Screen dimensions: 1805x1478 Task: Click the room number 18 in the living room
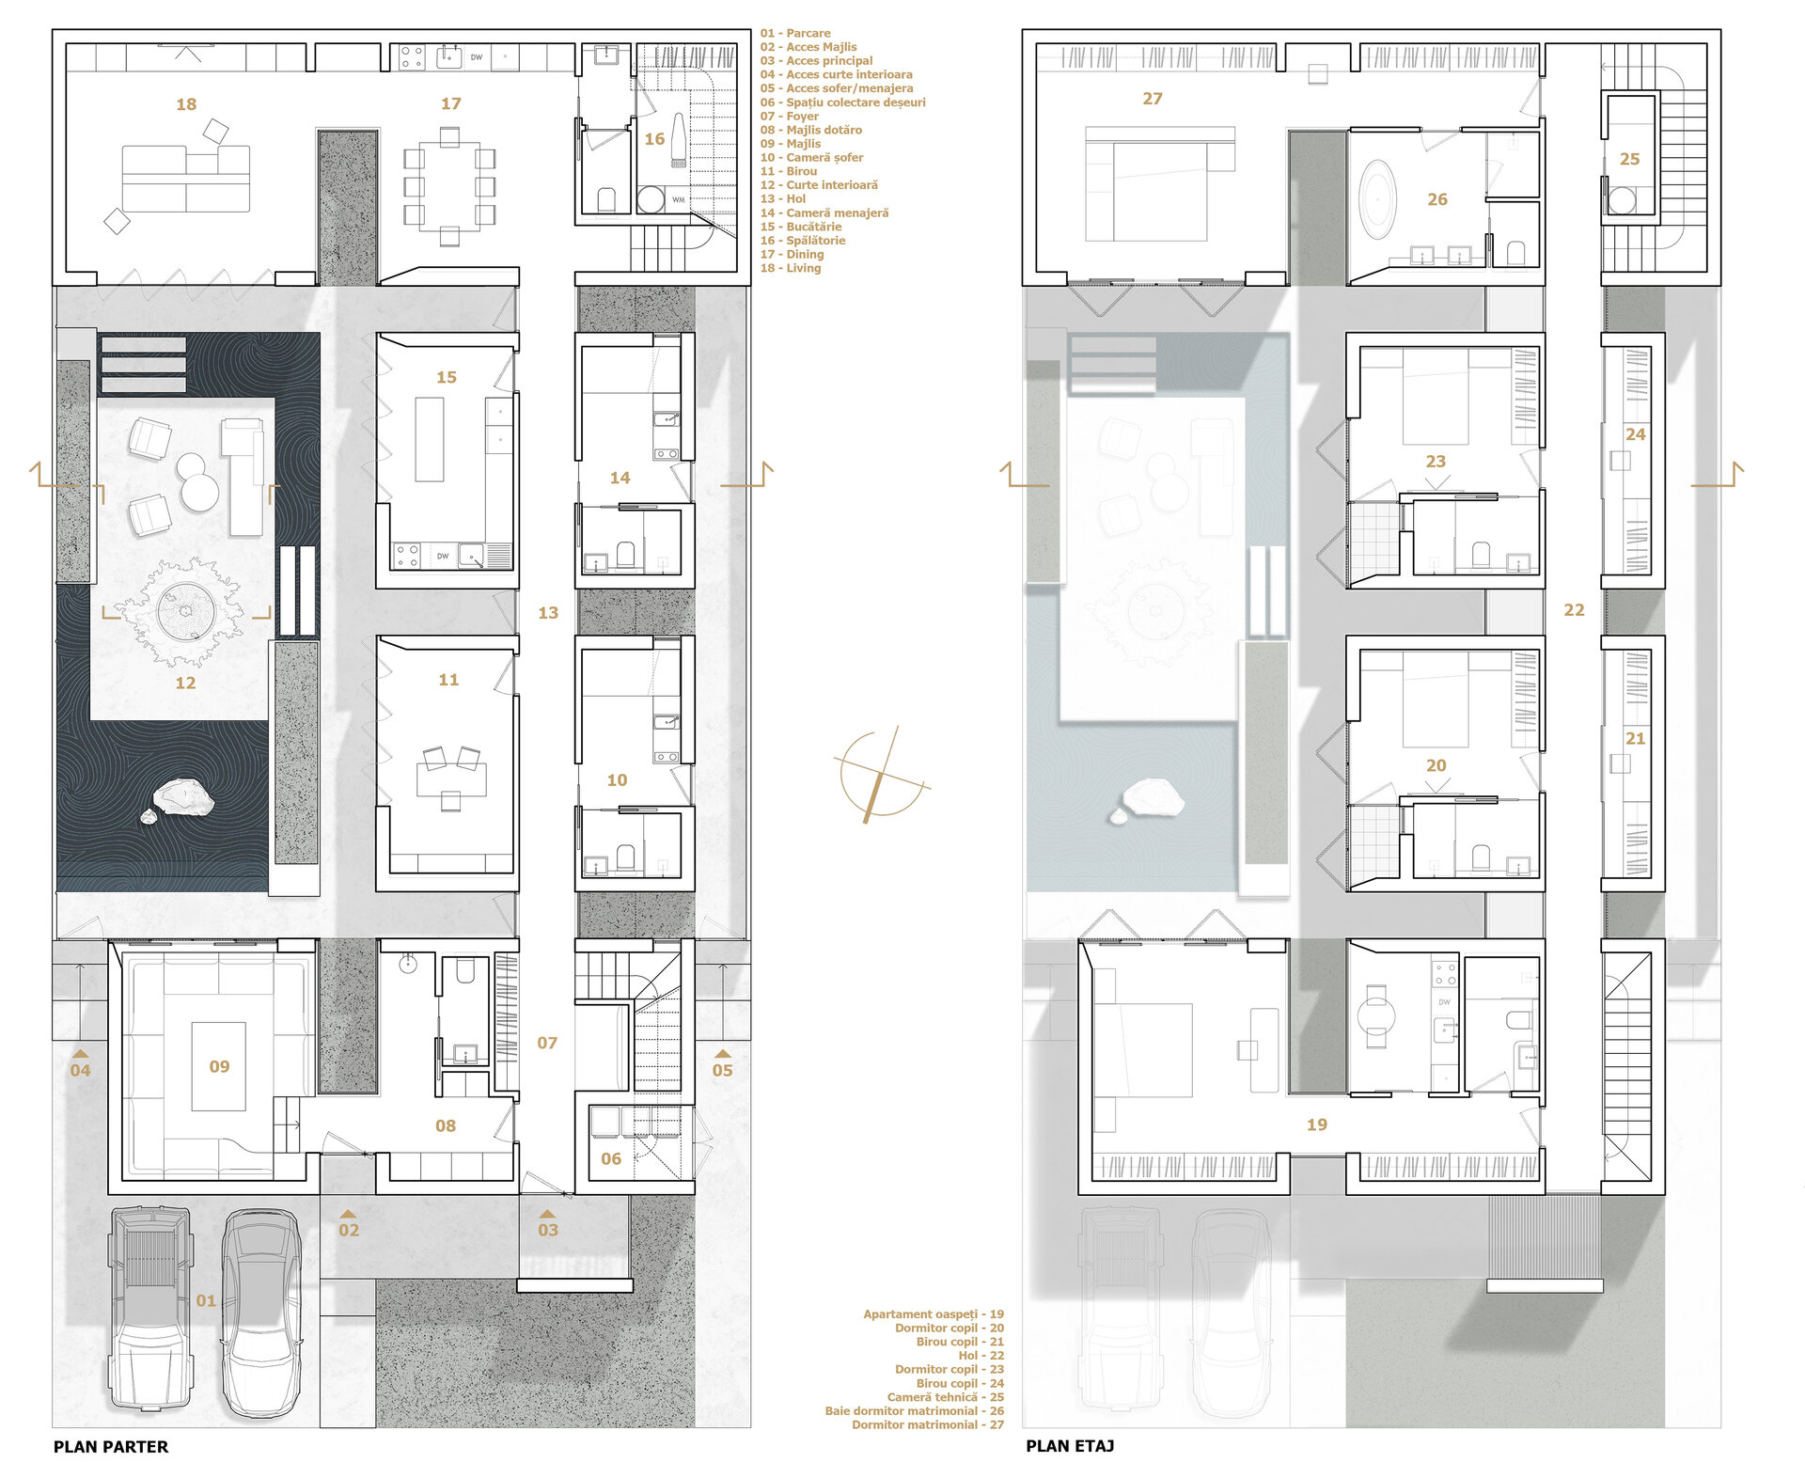point(186,104)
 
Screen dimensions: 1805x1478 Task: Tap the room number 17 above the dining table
point(451,103)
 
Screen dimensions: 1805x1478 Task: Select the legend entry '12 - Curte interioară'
point(819,185)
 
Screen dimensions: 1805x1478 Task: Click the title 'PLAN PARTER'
point(111,1447)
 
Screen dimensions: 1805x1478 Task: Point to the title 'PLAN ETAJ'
point(1070,1446)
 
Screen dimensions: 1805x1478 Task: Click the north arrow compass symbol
point(882,775)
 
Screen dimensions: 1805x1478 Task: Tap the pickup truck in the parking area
point(150,1310)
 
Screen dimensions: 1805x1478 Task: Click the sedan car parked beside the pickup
point(260,1313)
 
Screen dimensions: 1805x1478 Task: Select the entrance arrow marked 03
point(548,1214)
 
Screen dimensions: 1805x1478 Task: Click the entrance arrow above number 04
point(81,1054)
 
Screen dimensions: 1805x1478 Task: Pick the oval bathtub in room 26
point(1378,197)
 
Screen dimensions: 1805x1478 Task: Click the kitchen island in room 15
point(430,439)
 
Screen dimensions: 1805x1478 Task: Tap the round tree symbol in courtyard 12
point(185,612)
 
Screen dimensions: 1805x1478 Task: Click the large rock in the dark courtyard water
point(184,797)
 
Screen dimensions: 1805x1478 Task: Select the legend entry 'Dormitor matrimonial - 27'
point(928,1425)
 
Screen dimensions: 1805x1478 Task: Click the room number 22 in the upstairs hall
point(1574,610)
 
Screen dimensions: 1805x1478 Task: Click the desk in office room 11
point(451,779)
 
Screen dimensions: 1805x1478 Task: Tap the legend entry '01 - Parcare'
point(795,33)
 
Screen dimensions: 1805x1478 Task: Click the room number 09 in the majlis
point(219,1066)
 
